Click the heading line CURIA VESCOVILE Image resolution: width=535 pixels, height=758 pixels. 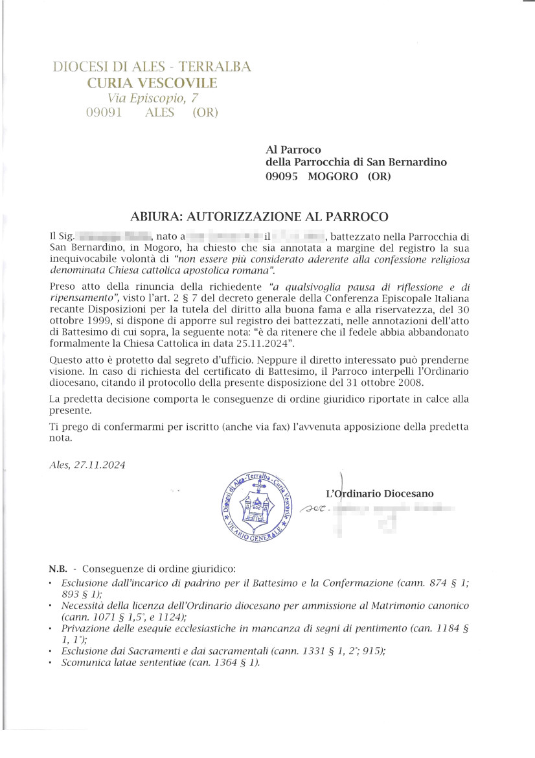pyautogui.click(x=152, y=82)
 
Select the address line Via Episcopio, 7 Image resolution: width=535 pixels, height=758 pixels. pyautogui.click(x=153, y=98)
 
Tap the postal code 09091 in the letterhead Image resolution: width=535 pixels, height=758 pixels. pyautogui.click(x=104, y=112)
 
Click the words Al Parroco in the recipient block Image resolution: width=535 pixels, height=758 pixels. pyautogui.click(x=293, y=150)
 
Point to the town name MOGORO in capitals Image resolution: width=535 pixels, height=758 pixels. pyautogui.click(x=333, y=176)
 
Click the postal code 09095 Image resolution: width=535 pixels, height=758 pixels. pyautogui.click(x=282, y=176)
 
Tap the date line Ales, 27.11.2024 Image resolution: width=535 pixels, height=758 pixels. pyautogui.click(x=87, y=465)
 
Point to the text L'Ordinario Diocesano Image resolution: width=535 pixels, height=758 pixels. pyautogui.click(x=380, y=494)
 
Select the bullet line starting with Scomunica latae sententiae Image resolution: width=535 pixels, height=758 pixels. pyautogui.click(x=160, y=663)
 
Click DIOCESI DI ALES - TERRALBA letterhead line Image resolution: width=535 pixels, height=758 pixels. pyautogui.click(x=152, y=66)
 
